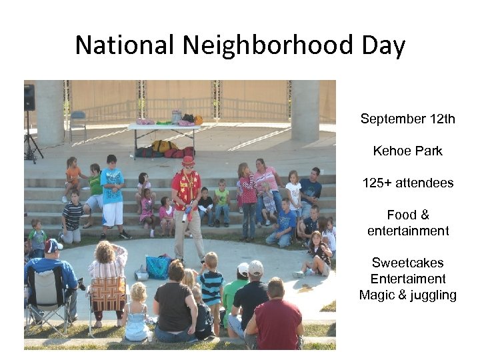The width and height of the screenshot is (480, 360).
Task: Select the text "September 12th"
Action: point(407,119)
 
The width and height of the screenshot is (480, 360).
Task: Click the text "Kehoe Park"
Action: point(407,151)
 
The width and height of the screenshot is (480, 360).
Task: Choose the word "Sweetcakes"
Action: point(407,263)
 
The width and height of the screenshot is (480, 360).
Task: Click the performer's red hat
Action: point(188,161)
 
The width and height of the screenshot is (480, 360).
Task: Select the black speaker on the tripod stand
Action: point(29,97)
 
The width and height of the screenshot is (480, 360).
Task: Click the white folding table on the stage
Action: point(163,127)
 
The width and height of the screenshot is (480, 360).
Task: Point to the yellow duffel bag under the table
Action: point(163,146)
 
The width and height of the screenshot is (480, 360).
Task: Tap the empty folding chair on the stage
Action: point(77,123)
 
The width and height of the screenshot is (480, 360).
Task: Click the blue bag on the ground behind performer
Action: point(158,267)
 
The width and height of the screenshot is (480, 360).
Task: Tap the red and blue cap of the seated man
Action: point(53,245)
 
